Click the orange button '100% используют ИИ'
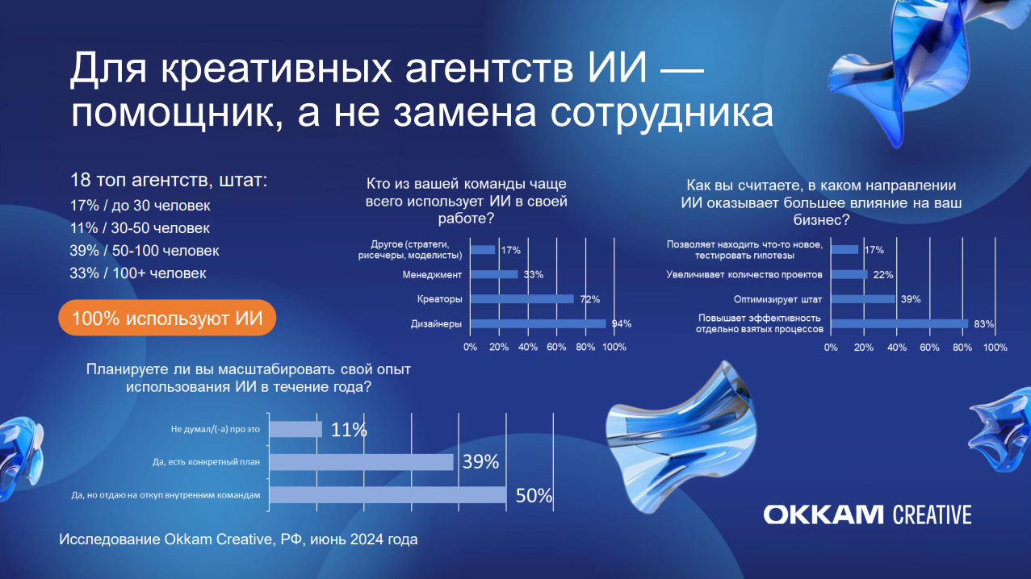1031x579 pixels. tap(167, 318)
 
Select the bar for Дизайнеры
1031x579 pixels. tap(538, 323)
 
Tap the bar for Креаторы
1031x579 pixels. tap(522, 299)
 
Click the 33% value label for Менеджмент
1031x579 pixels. tap(534, 274)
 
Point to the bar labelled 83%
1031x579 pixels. tap(900, 323)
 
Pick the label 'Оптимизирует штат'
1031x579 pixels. tap(777, 299)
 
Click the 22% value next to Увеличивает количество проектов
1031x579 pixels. tap(883, 274)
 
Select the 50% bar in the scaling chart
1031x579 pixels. tap(388, 495)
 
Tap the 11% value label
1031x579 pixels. tap(349, 430)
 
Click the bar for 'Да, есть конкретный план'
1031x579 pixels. tap(362, 462)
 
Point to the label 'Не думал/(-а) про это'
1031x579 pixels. tap(216, 429)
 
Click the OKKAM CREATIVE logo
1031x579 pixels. tap(868, 514)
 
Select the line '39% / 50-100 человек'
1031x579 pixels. tap(144, 251)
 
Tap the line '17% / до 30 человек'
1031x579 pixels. tap(140, 206)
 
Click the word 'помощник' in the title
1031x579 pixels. tap(177, 113)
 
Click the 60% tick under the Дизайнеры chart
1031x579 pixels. tap(556, 348)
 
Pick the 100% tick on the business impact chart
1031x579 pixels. tap(995, 348)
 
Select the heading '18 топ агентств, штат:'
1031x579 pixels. tap(169, 181)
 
